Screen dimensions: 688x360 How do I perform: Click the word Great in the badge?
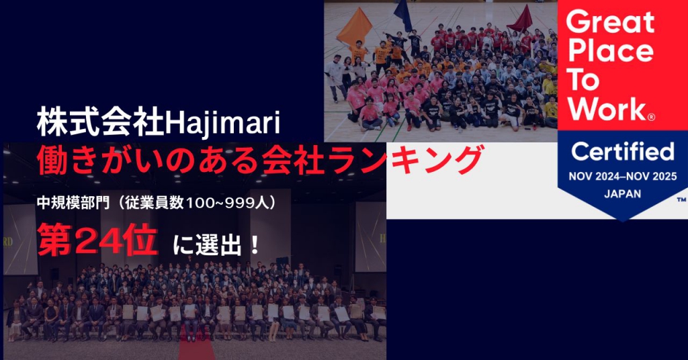click(610, 23)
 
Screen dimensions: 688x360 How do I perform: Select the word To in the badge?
click(583, 79)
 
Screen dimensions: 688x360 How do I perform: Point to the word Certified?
click(623, 151)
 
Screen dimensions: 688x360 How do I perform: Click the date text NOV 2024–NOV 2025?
click(623, 176)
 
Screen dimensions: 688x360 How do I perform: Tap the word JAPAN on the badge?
click(623, 193)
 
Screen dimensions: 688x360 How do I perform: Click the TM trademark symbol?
click(681, 200)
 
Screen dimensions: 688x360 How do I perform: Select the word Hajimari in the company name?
click(222, 123)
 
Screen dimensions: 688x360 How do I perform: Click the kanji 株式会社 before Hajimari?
click(101, 122)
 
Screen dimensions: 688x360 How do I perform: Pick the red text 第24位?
click(97, 239)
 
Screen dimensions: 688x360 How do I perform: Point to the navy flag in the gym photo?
click(402, 15)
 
